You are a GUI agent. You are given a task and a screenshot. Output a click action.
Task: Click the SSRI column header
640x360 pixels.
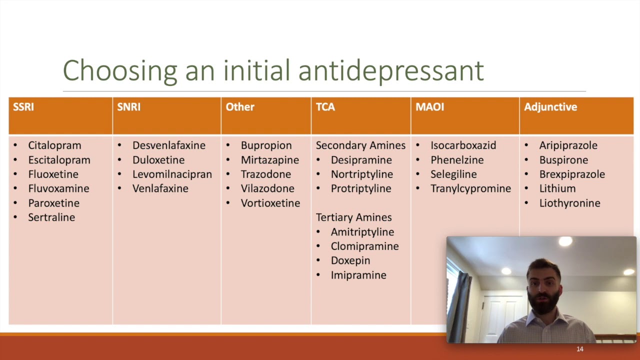pyautogui.click(x=23, y=107)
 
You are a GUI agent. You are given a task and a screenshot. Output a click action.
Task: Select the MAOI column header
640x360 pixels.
pyautogui.click(x=429, y=107)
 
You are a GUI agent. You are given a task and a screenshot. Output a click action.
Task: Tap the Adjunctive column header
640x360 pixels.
pyautogui.click(x=550, y=107)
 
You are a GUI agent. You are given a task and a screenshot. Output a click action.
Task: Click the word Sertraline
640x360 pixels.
pyautogui.click(x=51, y=217)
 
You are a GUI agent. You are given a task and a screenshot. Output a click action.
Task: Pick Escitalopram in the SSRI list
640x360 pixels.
pyautogui.click(x=59, y=160)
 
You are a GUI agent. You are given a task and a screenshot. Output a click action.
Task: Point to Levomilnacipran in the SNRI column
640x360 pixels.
pyautogui.click(x=172, y=174)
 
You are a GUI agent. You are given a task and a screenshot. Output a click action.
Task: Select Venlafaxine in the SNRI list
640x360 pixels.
pyautogui.click(x=160, y=188)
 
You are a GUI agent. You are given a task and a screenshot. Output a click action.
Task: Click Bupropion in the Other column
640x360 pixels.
pyautogui.click(x=266, y=145)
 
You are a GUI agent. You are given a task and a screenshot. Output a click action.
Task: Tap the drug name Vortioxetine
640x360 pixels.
pyautogui.click(x=270, y=203)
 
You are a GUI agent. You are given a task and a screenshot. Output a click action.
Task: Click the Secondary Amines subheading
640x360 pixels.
pyautogui.click(x=360, y=145)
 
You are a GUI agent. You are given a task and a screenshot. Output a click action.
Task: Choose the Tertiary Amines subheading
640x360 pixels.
pyautogui.click(x=353, y=217)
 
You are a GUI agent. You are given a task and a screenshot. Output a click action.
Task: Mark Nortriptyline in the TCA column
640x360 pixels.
pyautogui.click(x=361, y=174)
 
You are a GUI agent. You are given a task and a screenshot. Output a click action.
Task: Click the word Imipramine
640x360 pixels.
pyautogui.click(x=358, y=275)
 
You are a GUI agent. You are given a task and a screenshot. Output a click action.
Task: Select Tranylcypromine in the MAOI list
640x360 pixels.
pyautogui.click(x=470, y=188)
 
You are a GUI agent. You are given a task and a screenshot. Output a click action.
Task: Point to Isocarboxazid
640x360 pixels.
pyautogui.click(x=463, y=145)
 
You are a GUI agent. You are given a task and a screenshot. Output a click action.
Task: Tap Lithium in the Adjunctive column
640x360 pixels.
pyautogui.click(x=557, y=188)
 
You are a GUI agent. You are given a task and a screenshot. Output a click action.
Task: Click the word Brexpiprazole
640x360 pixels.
pyautogui.click(x=571, y=174)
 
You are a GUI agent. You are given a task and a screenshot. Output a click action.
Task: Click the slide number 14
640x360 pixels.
pyautogui.click(x=580, y=349)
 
